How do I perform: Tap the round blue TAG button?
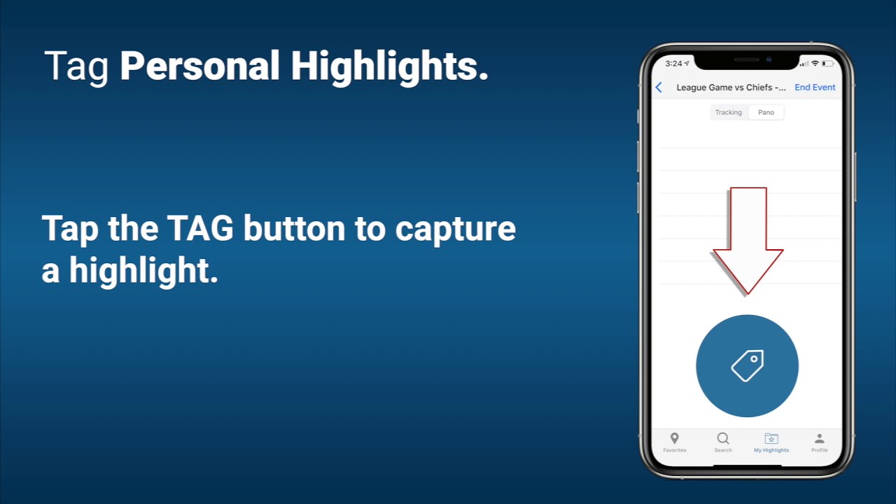coord(747,366)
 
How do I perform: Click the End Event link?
coord(815,87)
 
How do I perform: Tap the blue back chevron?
coord(659,87)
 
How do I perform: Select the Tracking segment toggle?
coord(728,113)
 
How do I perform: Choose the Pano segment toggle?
coord(766,113)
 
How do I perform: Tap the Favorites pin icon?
coord(674,439)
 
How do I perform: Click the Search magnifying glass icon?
coord(723,439)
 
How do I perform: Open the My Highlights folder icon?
coord(771,439)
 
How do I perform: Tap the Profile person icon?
coord(819,439)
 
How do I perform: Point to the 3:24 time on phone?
coord(673,64)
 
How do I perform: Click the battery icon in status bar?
coord(828,64)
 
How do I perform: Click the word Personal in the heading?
coord(199,67)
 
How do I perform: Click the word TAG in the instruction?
coord(199,230)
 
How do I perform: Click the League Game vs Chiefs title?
coord(724,87)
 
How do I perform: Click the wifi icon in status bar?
coord(815,64)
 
